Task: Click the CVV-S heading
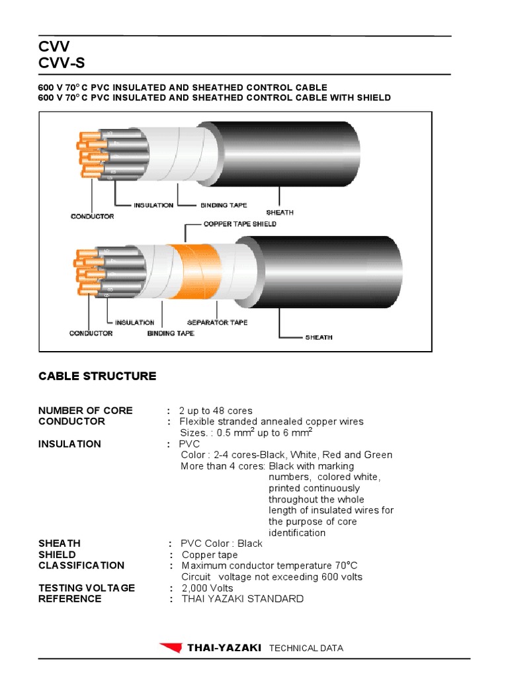coord(62,63)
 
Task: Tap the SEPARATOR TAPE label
coord(217,322)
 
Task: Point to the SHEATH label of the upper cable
coord(279,212)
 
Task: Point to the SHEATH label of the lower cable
coord(318,337)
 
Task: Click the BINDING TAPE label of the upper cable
coord(224,206)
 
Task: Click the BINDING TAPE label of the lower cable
coord(171,333)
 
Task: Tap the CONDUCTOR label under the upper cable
coord(92,216)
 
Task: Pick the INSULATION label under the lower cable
coord(134,322)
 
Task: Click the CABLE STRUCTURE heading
coord(97,376)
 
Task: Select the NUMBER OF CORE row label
coord(85,411)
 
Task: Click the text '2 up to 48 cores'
coord(216,411)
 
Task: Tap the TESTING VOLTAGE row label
coord(87,588)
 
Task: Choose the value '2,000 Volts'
coord(207,588)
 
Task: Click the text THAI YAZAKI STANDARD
coord(242,599)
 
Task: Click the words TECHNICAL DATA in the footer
coord(306,649)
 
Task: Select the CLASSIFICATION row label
coord(81,565)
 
